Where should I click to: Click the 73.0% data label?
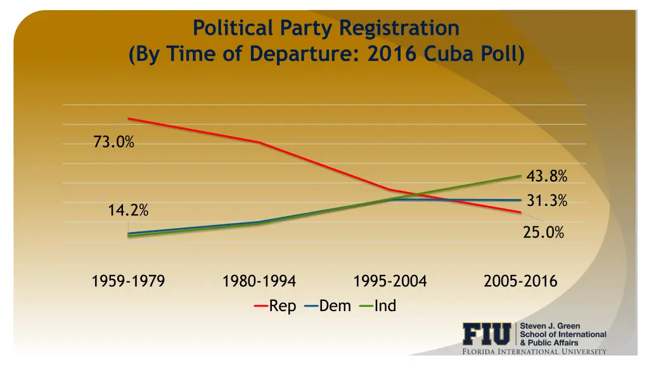113,143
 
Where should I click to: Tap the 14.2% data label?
128,211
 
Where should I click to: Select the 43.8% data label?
546,176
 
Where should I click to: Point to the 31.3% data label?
546,201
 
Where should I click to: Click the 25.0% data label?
543,233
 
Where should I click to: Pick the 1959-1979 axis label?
128,281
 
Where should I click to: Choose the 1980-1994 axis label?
259,281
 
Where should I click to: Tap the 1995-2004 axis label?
390,281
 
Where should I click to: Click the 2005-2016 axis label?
520,281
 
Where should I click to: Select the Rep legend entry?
276,306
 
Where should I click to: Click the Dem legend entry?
328,306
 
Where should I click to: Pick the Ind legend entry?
378,306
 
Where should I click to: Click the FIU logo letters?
486,334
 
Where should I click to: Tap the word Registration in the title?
399,29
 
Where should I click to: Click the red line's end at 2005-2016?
520,212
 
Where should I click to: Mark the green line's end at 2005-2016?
520,176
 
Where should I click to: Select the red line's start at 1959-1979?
128,118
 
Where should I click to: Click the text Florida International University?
534,352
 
